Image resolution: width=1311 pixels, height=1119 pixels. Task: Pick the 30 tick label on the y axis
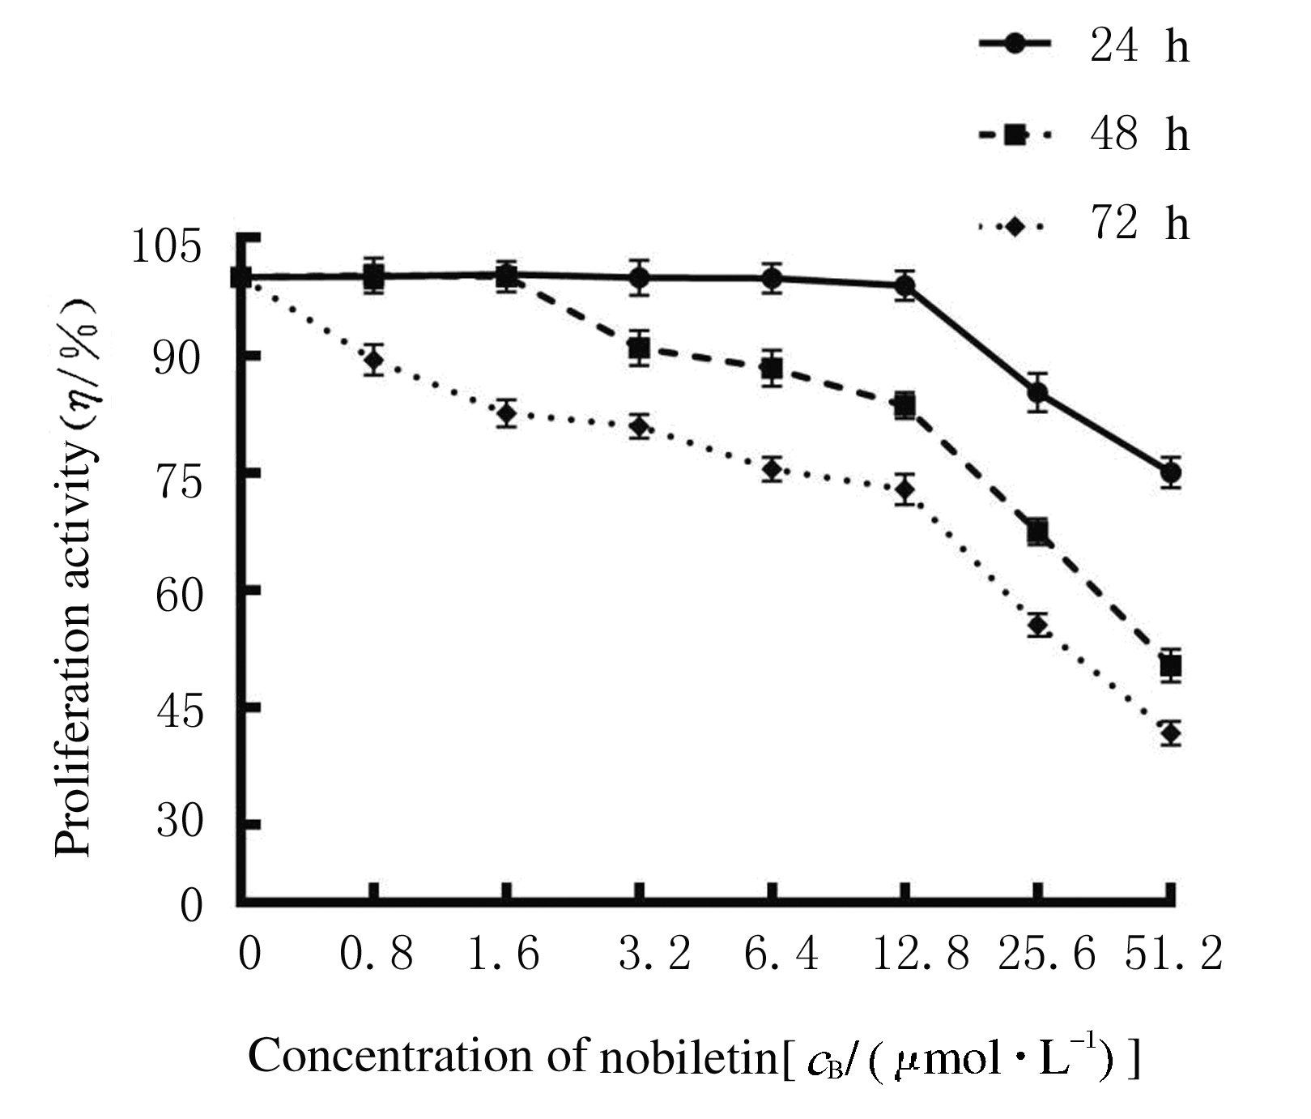(x=178, y=822)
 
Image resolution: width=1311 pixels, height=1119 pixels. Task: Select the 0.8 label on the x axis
(x=376, y=954)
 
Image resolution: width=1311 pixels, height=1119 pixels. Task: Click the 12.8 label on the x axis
(x=920, y=954)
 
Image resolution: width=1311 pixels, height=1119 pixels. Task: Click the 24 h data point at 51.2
(x=1170, y=472)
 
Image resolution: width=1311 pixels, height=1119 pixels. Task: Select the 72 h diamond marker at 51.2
(x=1170, y=734)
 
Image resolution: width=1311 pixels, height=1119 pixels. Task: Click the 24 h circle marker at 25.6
(x=1038, y=393)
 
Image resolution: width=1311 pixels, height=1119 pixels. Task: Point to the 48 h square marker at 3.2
(x=640, y=349)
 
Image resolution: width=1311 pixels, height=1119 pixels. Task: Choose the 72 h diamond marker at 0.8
(x=373, y=360)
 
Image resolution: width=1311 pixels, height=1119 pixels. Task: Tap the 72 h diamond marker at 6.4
(x=772, y=469)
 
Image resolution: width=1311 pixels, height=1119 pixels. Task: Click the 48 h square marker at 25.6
(x=1038, y=532)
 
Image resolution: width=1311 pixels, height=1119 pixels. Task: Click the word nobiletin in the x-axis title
(x=687, y=1057)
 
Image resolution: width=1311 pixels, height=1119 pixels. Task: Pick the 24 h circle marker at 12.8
(x=905, y=285)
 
